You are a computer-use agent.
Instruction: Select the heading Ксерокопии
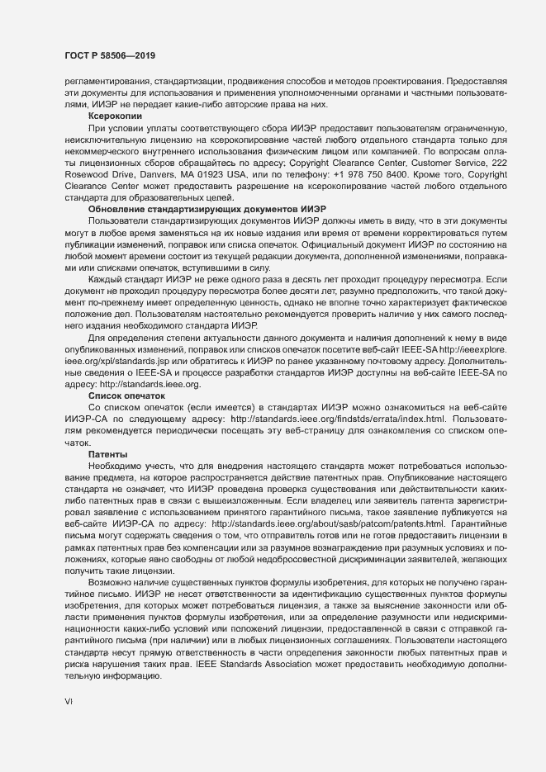[x=115, y=117]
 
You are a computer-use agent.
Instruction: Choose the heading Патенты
[x=107, y=455]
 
